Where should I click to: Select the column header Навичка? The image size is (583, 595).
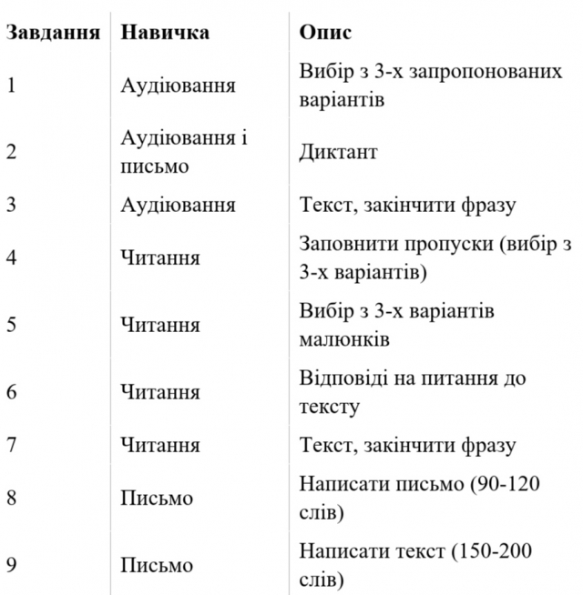click(165, 33)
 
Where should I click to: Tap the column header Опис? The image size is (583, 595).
click(325, 33)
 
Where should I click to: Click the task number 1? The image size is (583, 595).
click(11, 86)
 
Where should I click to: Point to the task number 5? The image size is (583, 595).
click(11, 325)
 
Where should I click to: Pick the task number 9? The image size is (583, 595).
click(11, 565)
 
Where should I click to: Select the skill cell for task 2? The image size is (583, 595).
click(184, 152)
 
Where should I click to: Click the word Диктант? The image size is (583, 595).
click(337, 152)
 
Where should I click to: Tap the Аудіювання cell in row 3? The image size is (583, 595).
click(178, 205)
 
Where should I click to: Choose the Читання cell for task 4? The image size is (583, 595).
click(160, 258)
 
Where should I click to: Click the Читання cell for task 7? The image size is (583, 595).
click(160, 446)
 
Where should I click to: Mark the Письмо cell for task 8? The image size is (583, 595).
click(157, 499)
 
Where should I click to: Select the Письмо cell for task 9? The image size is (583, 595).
click(157, 565)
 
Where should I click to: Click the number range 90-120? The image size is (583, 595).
click(506, 484)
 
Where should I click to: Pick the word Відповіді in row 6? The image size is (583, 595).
click(343, 378)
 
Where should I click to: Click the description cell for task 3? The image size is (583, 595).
click(407, 205)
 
